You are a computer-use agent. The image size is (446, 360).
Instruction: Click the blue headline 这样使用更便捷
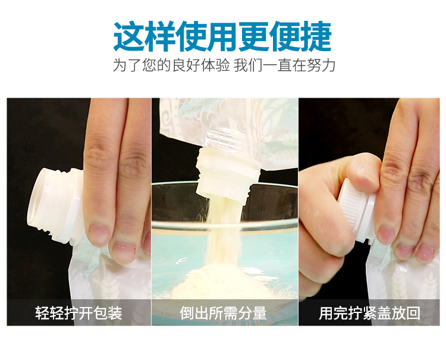(x=223, y=36)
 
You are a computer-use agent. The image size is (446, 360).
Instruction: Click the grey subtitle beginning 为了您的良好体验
(x=224, y=65)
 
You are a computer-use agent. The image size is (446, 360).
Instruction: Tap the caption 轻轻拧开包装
(x=78, y=313)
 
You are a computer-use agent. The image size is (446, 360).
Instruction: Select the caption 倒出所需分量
(x=223, y=313)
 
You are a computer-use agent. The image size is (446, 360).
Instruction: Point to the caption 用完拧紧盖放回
(x=369, y=313)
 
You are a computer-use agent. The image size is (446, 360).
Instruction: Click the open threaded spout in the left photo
(x=55, y=204)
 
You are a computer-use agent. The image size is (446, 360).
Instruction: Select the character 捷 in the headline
(x=316, y=36)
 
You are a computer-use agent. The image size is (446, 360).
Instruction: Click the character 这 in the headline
(x=128, y=36)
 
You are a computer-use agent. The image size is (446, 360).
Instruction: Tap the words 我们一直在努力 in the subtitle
(x=284, y=65)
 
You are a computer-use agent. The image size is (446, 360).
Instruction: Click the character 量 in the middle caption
(x=259, y=313)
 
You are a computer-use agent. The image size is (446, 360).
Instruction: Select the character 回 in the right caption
(x=413, y=313)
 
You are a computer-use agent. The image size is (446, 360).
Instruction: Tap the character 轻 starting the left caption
(x=42, y=313)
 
